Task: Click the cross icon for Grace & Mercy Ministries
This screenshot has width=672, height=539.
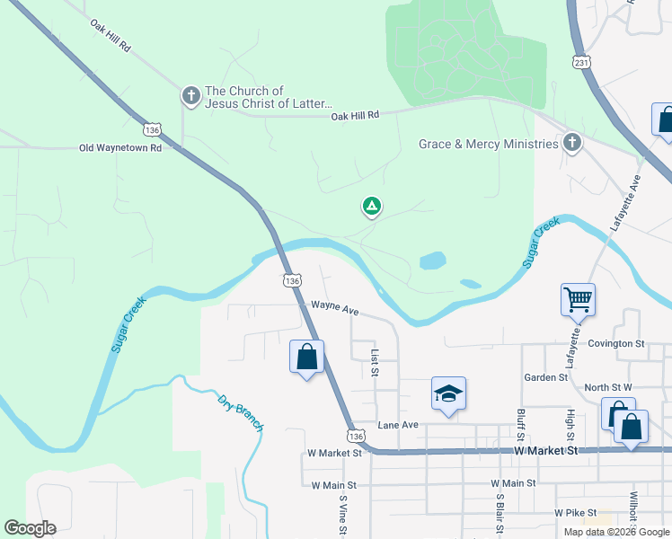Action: coord(572,143)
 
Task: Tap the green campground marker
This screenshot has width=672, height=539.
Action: coord(371,207)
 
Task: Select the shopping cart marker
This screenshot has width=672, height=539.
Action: coord(578,299)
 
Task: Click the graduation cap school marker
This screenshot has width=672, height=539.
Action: coord(448,393)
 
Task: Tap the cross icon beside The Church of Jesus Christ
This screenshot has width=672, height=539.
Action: coord(190,95)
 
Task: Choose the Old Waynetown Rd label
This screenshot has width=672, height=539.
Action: coord(119,147)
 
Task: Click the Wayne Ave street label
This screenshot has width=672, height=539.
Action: coord(335,308)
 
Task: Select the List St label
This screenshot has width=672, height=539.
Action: coord(375,364)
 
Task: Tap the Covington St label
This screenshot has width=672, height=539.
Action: coord(616,343)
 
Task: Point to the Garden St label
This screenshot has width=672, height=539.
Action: coord(546,377)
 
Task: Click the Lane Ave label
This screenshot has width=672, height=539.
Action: coord(398,424)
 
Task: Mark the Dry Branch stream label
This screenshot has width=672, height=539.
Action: coord(241,412)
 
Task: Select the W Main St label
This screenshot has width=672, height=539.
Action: coord(333,485)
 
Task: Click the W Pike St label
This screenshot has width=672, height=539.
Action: coord(576,512)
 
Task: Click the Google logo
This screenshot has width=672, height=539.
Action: coord(30,528)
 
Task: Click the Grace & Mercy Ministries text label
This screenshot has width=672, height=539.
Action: coord(488,144)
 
